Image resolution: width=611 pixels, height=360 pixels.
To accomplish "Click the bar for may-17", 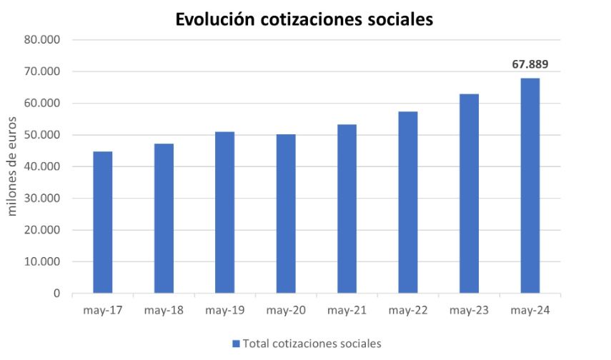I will [102, 222].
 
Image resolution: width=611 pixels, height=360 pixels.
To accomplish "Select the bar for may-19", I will [224, 212].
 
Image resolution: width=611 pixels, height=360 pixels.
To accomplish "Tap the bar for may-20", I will [286, 214].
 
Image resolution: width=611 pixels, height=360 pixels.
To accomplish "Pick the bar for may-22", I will [408, 202].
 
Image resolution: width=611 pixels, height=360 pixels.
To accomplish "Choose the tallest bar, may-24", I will [530, 186].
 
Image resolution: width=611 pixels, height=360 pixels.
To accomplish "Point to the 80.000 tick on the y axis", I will [44, 40].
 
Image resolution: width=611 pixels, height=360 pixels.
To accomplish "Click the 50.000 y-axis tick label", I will [44, 135].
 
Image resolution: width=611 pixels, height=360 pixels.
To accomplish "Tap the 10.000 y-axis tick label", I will [44, 261].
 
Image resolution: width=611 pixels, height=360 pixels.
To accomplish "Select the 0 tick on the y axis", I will [56, 294].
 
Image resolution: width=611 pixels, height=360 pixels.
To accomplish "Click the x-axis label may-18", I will [164, 311].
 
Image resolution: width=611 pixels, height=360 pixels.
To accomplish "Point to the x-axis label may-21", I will [347, 311].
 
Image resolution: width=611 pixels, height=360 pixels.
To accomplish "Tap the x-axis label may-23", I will [469, 311].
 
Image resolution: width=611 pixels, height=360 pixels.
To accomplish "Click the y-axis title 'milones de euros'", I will [13, 166].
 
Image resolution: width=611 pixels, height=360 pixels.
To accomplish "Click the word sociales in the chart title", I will [401, 20].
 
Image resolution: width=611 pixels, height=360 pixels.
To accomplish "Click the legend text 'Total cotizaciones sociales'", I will [312, 344].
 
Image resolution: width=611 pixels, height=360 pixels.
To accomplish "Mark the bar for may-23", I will [469, 194].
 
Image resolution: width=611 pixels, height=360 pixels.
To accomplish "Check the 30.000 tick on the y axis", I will [44, 199].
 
